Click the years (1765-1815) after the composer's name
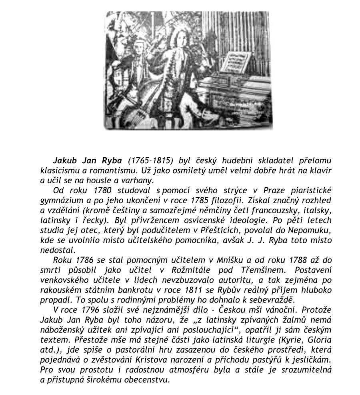pos(150,161)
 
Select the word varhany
pos(142,180)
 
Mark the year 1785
pos(204,199)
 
